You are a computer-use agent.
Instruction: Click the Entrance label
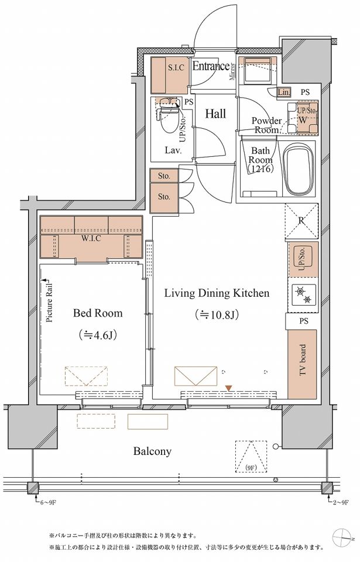[x=211, y=66]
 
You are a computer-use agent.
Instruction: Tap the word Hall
[x=215, y=114]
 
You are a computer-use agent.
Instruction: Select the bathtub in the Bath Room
[x=299, y=170]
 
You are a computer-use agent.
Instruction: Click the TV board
[x=302, y=364]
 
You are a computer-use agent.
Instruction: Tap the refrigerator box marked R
[x=301, y=221]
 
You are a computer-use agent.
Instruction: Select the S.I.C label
[x=176, y=67]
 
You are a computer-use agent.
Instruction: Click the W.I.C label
[x=91, y=239]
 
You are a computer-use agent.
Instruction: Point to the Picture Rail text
[x=50, y=303]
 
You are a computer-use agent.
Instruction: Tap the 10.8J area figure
[x=217, y=315]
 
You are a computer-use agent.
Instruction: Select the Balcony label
[x=152, y=451]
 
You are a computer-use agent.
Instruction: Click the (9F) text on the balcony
[x=251, y=468]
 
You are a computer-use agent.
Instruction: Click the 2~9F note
[x=341, y=502]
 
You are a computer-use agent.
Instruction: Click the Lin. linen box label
[x=284, y=92]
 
